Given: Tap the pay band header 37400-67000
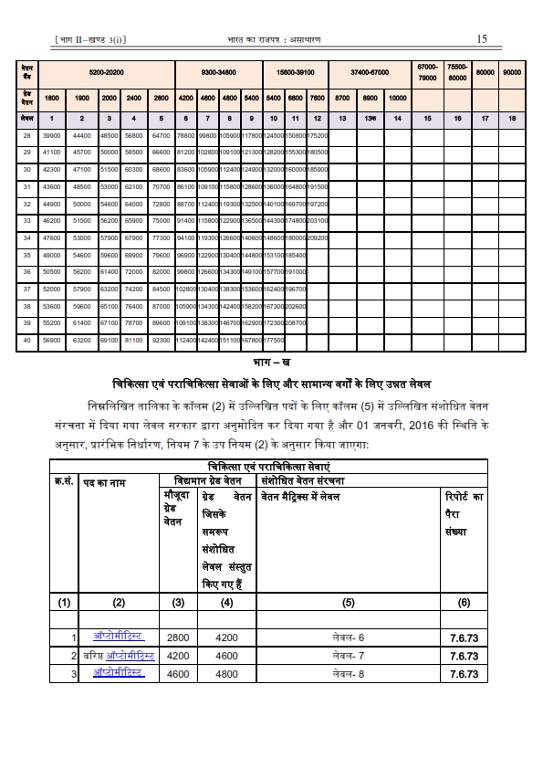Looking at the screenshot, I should (x=371, y=71).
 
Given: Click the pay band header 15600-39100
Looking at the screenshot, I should (x=295, y=71).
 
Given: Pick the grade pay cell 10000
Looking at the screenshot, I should (x=397, y=97).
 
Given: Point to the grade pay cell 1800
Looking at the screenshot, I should (x=53, y=97).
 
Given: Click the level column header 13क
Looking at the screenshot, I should (x=369, y=120).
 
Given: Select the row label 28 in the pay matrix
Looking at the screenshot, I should (x=27, y=135).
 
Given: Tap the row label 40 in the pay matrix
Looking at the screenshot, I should (x=27, y=340).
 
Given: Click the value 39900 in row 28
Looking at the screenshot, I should (x=53, y=135).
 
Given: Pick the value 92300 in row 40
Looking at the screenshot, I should (x=162, y=340).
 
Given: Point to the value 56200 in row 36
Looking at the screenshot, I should (x=82, y=271).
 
